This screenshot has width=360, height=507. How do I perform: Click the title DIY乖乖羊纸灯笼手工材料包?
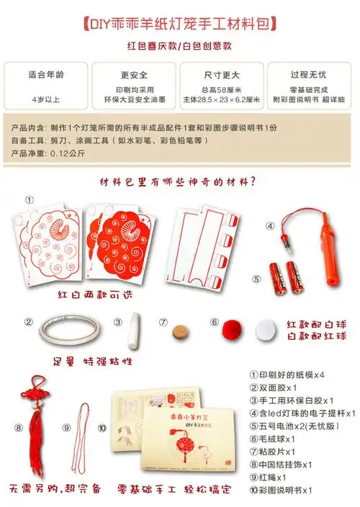180,24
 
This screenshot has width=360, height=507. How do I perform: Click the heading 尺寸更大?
222,74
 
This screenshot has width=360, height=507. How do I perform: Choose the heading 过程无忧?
310,74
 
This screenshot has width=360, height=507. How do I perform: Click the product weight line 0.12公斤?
58,153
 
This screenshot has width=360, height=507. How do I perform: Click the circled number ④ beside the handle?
270,225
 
